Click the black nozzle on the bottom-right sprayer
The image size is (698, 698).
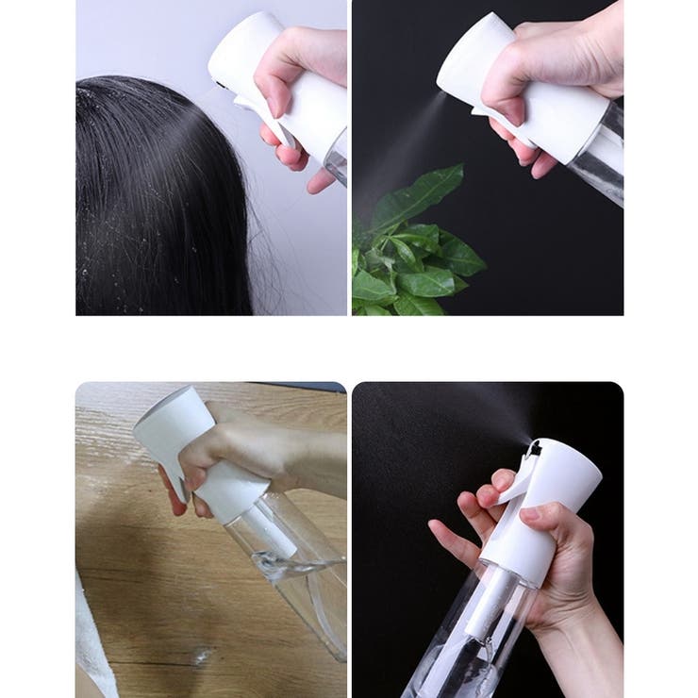click(534, 449)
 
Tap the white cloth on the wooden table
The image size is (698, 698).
click(94, 641)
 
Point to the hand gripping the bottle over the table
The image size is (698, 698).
click(245, 453)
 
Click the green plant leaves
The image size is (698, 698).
click(415, 255)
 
